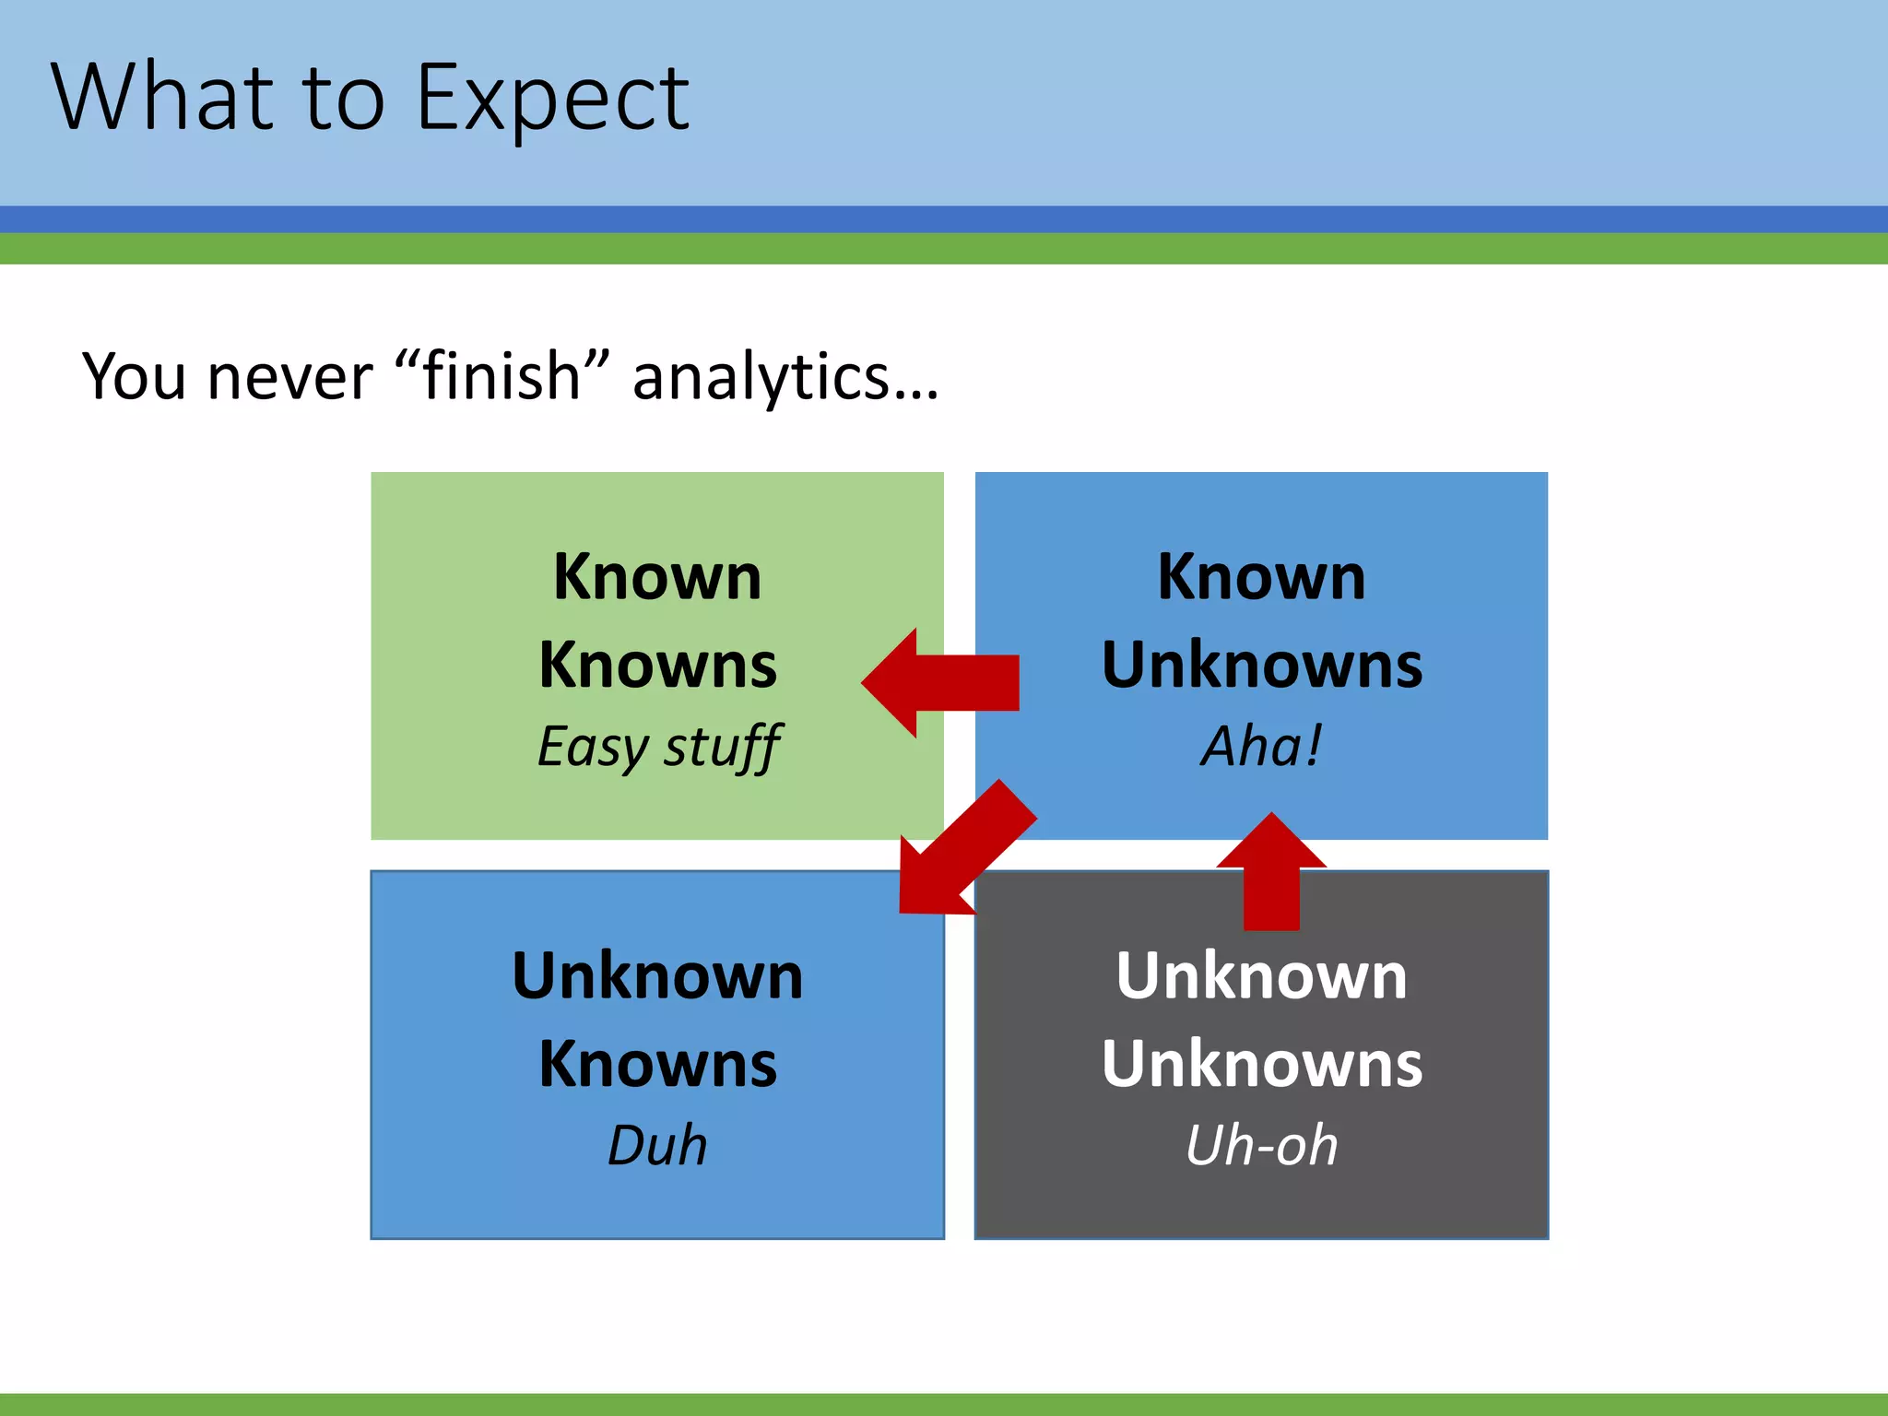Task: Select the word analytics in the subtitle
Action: click(x=784, y=378)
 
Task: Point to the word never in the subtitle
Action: click(x=290, y=378)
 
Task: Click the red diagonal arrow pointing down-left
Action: click(x=959, y=853)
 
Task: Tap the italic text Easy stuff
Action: click(x=658, y=747)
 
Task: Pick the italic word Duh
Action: click(x=657, y=1146)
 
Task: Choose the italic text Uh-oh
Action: click(x=1261, y=1146)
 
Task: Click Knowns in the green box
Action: click(x=658, y=666)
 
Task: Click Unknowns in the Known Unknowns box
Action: click(x=1261, y=666)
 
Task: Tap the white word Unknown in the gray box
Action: click(x=1261, y=975)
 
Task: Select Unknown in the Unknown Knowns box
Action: click(x=657, y=975)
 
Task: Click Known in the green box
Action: click(x=657, y=577)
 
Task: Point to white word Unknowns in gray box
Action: click(x=1261, y=1065)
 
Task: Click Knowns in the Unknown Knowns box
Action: click(x=657, y=1065)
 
